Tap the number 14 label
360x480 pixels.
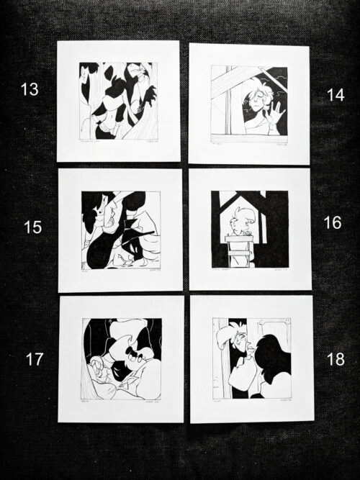coord(335,95)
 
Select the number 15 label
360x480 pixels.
coord(32,227)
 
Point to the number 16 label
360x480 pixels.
coord(332,223)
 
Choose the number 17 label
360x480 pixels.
coord(35,359)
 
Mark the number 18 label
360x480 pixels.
coord(335,359)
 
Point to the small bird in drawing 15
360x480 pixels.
coord(128,262)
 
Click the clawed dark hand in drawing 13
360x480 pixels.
coord(147,95)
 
